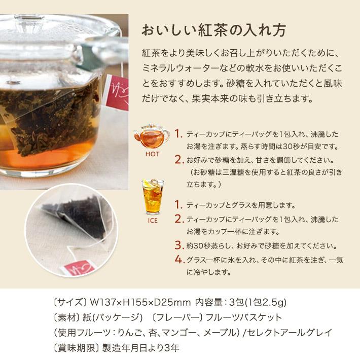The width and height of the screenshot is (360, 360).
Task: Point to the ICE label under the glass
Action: pos(152,221)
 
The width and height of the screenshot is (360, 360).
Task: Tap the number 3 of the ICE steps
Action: pos(178,245)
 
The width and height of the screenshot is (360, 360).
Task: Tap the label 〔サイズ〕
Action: pos(70,303)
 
